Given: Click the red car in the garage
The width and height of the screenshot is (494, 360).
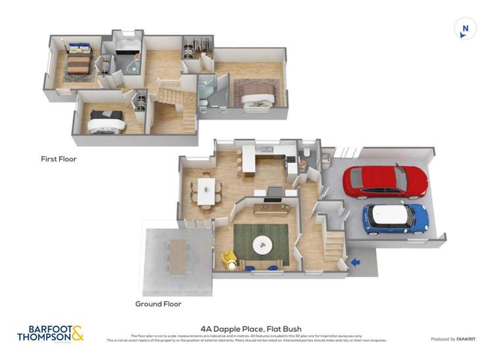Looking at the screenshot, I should pos(385,181).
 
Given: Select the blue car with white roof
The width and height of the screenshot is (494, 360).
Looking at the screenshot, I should pos(396,219).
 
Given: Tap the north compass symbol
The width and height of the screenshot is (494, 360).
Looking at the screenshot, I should pos(465,28).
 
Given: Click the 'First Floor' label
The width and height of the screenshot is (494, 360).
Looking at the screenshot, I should pos(59,159).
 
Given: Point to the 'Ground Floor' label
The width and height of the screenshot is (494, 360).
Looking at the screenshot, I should pos(158,304).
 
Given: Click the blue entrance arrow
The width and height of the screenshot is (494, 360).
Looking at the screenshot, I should pos(355,263).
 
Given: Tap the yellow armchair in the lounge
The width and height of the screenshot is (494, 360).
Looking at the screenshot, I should pos(229,259).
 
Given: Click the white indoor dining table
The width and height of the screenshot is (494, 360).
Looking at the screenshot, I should pos(207,190).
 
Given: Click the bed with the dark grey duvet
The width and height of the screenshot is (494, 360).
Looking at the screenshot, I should pos(107,121).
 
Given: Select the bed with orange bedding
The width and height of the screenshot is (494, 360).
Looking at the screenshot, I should pos(77,64).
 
